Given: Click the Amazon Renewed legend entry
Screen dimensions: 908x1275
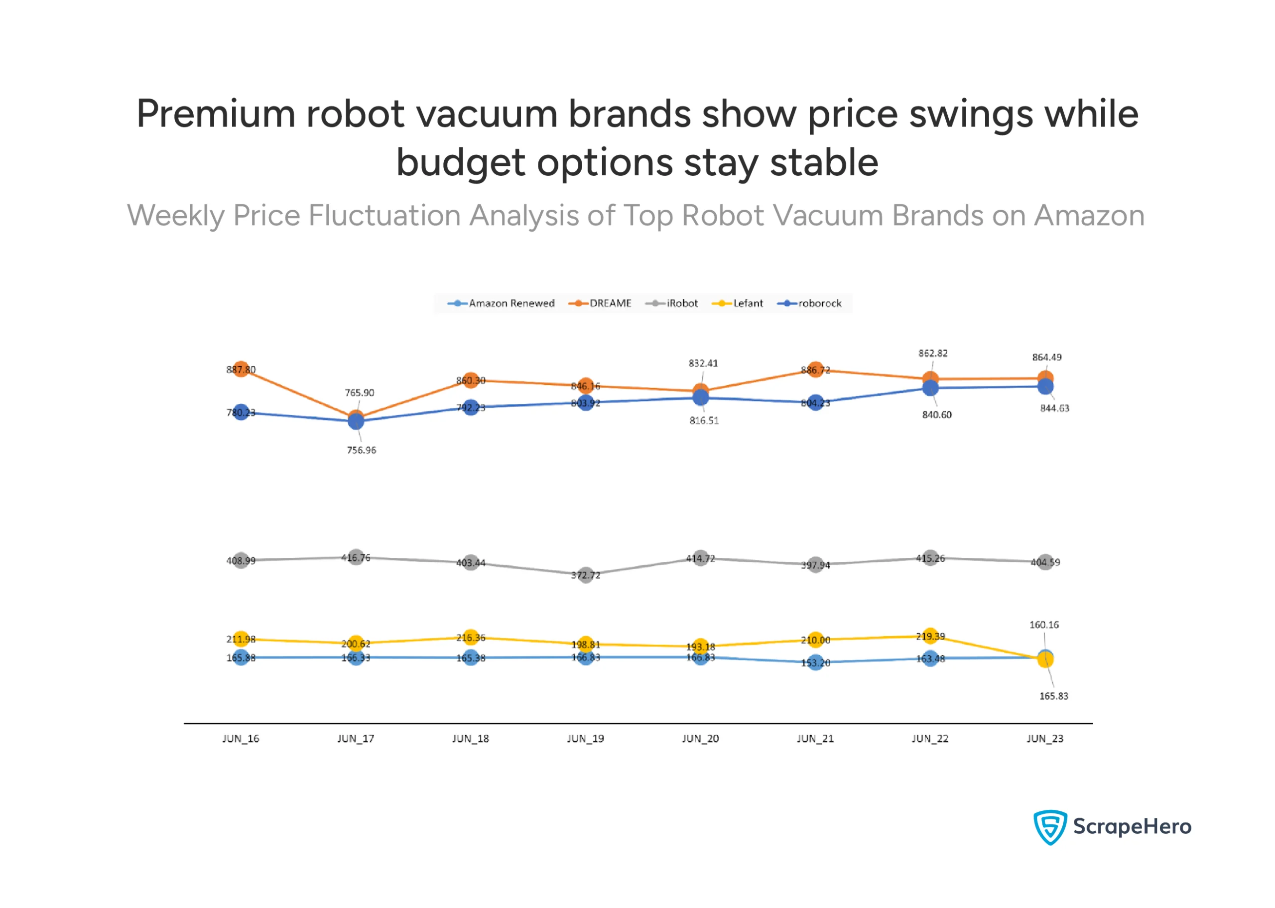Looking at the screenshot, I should [502, 303].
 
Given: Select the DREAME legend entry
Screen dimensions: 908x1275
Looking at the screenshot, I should [600, 303].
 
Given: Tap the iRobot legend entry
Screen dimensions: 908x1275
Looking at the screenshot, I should [672, 303].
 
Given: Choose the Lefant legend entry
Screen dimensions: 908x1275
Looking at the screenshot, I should [738, 303].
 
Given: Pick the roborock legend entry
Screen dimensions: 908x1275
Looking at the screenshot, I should [810, 303].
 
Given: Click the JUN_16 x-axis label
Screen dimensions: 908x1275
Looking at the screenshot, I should [241, 739].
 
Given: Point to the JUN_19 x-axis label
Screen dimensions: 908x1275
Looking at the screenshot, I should [585, 739].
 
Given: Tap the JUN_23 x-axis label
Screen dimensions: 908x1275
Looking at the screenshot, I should [1045, 739].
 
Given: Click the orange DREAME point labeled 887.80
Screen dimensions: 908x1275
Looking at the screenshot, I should [241, 369].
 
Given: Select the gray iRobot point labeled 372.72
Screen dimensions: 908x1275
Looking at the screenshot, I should [585, 575].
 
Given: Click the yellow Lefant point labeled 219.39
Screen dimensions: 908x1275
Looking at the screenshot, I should [930, 636].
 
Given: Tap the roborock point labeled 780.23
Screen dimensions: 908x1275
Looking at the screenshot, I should [241, 412].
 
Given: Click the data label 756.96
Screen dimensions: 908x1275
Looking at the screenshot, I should [361, 450].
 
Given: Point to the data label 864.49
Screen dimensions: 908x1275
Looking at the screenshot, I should [1046, 357].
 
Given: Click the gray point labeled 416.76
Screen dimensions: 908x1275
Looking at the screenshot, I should [356, 557].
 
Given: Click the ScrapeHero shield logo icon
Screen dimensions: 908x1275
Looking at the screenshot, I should [1050, 826].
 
